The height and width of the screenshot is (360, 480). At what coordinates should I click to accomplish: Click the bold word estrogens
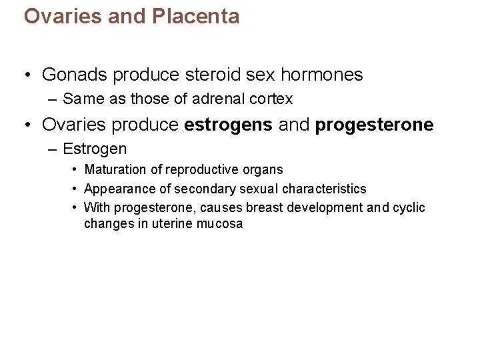(x=228, y=125)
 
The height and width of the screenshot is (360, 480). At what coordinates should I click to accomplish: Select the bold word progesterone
(x=374, y=125)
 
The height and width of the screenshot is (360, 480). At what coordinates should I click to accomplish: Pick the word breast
(x=265, y=207)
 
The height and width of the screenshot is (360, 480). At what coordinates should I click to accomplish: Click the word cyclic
(x=409, y=207)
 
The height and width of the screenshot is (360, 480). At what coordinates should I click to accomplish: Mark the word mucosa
(x=220, y=224)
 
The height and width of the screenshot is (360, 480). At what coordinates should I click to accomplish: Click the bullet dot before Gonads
(x=27, y=75)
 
